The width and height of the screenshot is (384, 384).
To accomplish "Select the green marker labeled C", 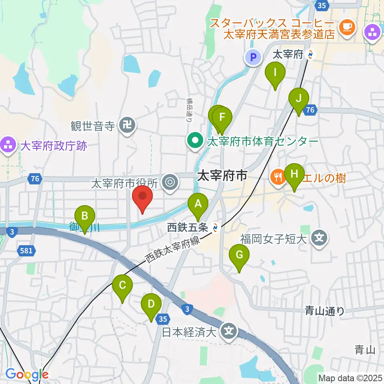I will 122,285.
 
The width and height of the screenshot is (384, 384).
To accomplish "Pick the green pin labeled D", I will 151,304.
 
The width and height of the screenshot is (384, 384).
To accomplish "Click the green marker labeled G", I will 239,254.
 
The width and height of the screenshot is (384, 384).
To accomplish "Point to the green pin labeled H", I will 294,174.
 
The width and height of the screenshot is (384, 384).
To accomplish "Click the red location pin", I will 142,197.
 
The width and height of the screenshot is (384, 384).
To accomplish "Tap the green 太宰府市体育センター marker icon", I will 195,141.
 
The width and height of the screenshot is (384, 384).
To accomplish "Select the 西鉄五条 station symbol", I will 216,228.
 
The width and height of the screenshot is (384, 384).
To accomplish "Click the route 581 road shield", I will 27,251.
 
